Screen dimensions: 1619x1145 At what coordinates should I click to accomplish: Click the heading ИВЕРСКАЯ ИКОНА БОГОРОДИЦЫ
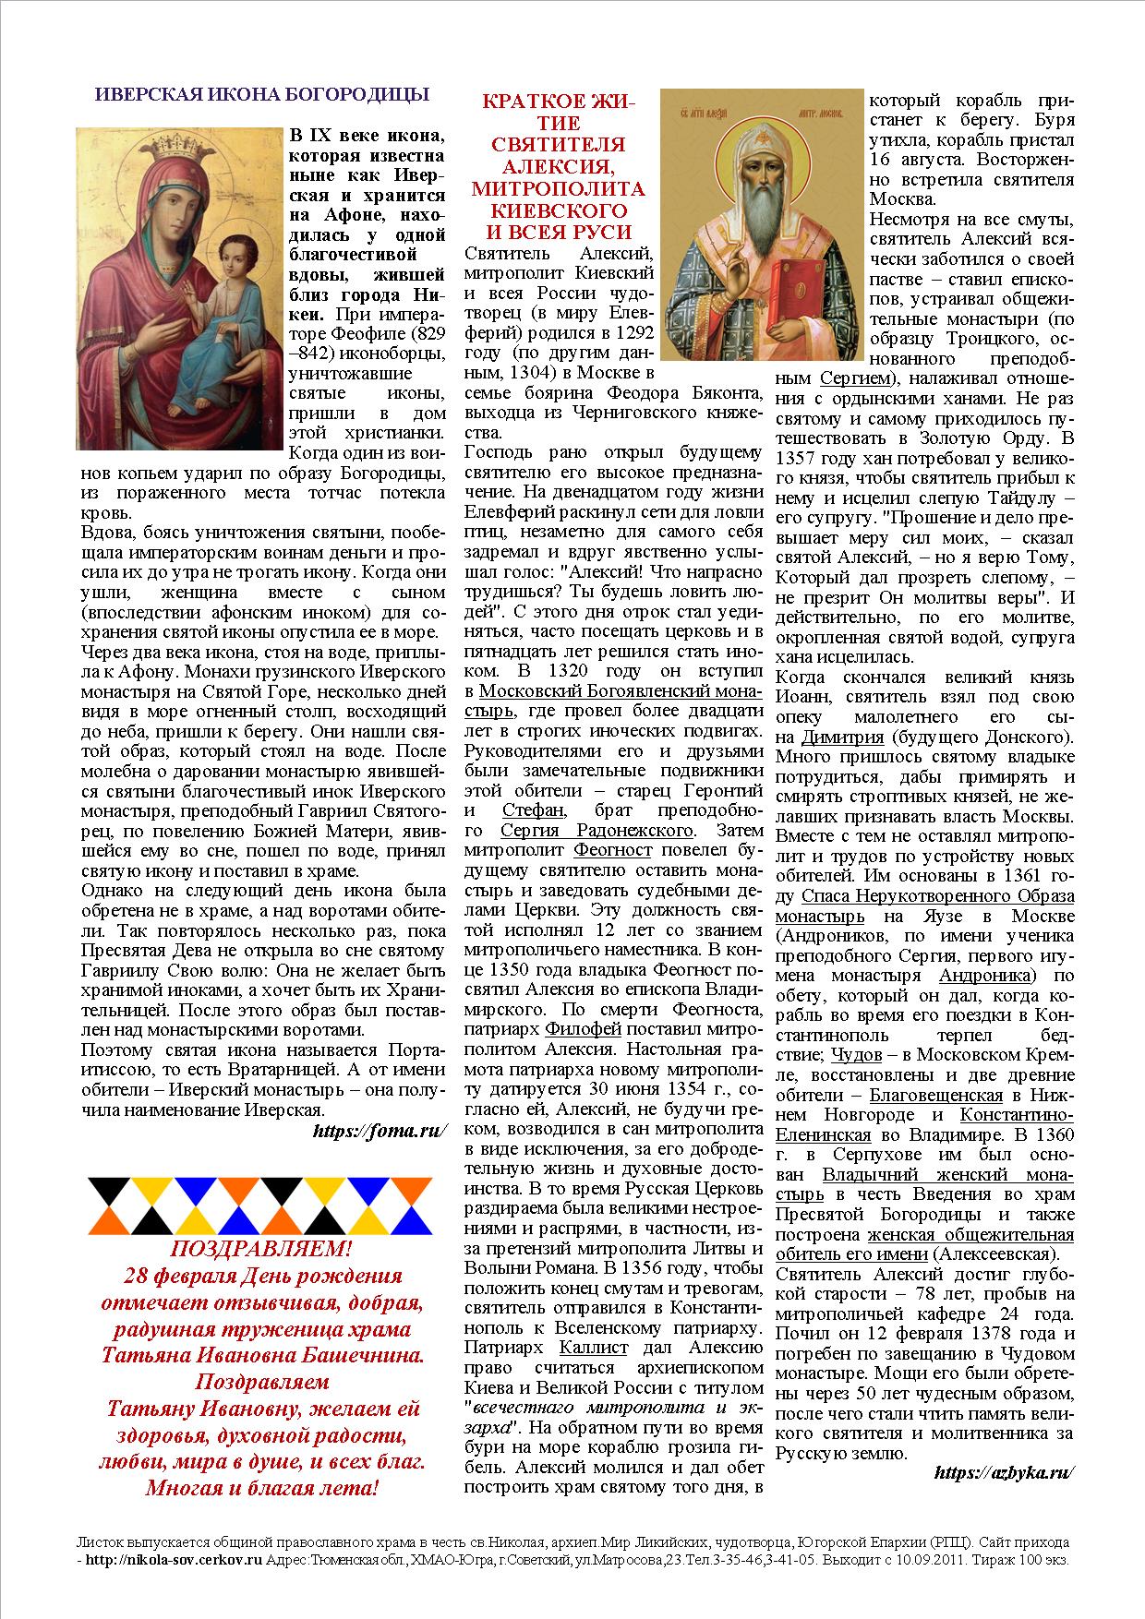[262, 93]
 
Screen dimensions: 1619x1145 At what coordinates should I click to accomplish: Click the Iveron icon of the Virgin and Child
[178, 289]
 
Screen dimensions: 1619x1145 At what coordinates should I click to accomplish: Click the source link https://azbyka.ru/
[1005, 1472]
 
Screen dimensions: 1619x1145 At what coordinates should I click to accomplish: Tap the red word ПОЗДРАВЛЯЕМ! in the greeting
[261, 1250]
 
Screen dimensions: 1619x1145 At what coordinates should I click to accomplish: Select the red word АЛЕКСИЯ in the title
[558, 166]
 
